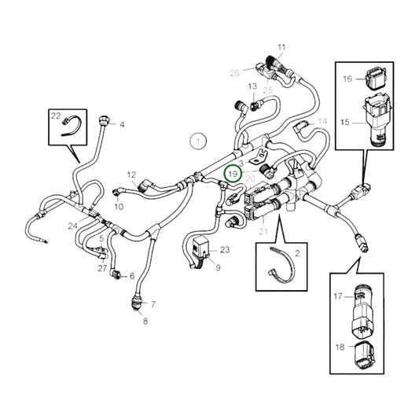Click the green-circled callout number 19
coord(232,173)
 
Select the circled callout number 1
coord(199,142)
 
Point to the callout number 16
coord(347,79)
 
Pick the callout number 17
coord(337,296)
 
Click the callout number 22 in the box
coord(55,116)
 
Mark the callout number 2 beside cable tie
coord(297,253)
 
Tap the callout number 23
coord(225,250)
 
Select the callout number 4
coord(122,124)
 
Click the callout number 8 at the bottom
coord(144,321)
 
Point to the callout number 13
coord(252,86)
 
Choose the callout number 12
coord(131,175)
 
